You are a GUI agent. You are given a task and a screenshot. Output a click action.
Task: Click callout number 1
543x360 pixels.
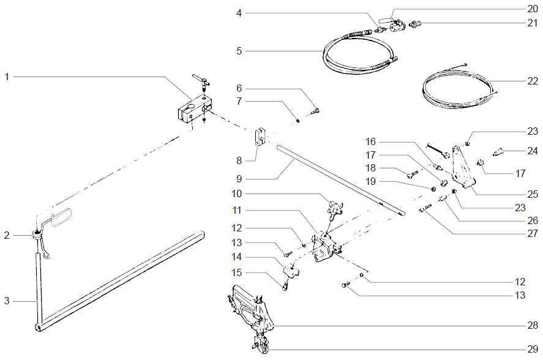[7, 77]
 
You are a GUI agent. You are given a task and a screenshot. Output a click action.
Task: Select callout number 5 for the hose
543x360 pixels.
[239, 50]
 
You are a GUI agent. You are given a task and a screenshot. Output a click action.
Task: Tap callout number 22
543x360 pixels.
[532, 81]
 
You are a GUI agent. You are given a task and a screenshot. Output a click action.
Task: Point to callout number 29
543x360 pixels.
[532, 350]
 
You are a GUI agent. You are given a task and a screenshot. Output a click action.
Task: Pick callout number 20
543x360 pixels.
[532, 9]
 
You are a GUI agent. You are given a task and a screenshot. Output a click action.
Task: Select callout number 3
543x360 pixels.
[7, 301]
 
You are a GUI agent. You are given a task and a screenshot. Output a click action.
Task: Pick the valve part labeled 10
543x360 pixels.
[335, 208]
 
